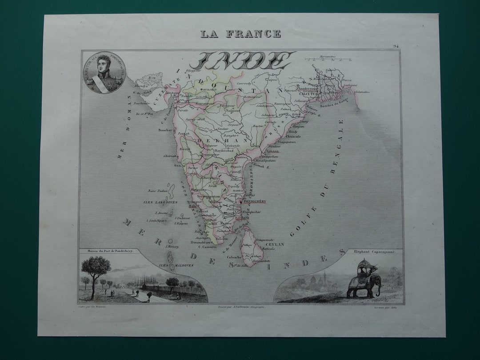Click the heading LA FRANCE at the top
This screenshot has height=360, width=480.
click(240, 34)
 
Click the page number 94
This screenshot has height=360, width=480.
click(396, 46)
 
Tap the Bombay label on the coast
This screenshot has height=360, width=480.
click(164, 130)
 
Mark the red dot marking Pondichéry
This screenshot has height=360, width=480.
click(240, 202)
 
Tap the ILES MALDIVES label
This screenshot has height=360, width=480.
click(180, 265)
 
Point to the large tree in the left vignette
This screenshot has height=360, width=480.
click(96, 269)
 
